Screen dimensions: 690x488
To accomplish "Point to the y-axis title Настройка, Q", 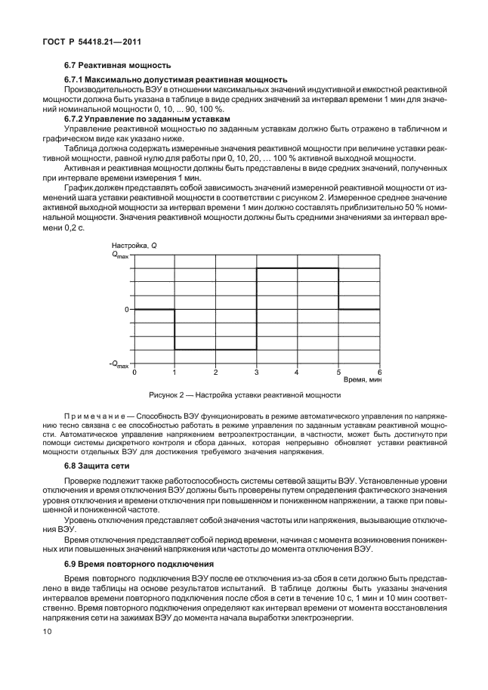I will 134,246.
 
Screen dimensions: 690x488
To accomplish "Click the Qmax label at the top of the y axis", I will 121,255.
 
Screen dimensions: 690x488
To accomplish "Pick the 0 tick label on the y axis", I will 128,309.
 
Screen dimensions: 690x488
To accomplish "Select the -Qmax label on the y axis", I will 119,364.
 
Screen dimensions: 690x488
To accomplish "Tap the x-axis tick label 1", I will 175,373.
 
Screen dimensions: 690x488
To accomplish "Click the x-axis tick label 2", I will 216,373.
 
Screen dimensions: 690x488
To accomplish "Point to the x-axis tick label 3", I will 257,373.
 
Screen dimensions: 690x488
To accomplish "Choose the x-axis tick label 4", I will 298,373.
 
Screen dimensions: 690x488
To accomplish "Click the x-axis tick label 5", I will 338,373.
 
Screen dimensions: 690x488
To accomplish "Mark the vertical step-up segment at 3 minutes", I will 257,308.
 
